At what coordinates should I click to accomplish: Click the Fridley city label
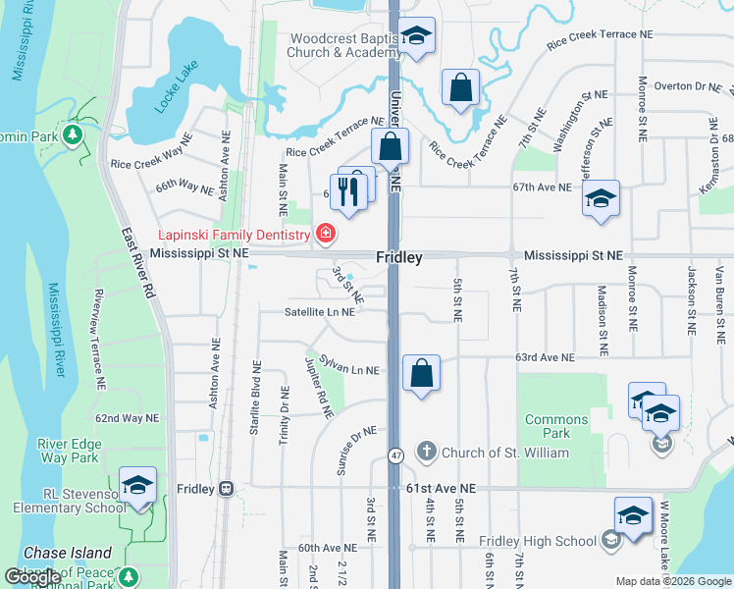[x=399, y=257]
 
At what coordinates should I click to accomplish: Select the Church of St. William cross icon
[x=426, y=453]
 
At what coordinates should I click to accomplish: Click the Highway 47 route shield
[x=395, y=455]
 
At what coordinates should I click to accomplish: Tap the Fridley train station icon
[x=226, y=488]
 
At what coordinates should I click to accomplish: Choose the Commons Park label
[x=556, y=426]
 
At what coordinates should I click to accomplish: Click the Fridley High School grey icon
[x=610, y=541]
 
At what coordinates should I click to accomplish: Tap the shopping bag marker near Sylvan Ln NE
[x=421, y=373]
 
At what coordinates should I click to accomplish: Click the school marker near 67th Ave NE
[x=601, y=199]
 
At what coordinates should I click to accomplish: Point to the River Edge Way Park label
[x=69, y=451]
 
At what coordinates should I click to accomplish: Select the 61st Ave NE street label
[x=440, y=488]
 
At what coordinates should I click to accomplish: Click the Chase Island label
[x=67, y=553]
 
